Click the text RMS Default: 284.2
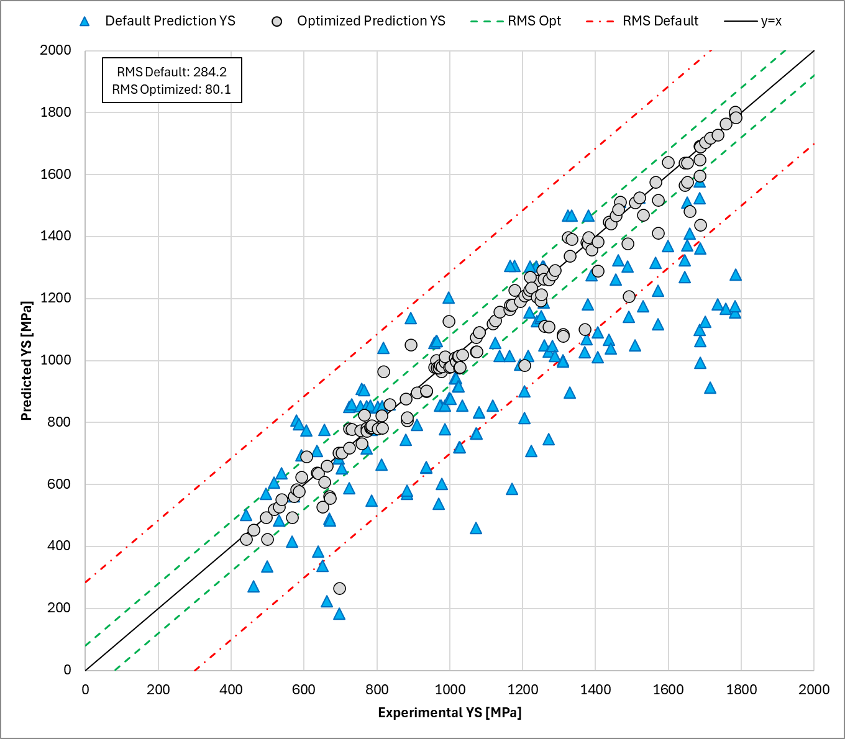tap(171, 72)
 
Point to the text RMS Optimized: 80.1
tap(171, 89)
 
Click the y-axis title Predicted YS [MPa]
tap(26, 361)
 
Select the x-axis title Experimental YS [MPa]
tap(449, 712)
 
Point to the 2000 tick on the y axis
tap(56, 50)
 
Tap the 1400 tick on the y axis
tap(56, 236)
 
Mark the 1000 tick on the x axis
tap(449, 689)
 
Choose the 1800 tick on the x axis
tap(741, 689)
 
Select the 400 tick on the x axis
tap(231, 689)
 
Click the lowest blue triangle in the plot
tap(339, 614)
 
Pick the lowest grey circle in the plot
tap(339, 588)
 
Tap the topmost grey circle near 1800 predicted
tap(735, 112)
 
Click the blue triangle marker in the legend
tap(85, 21)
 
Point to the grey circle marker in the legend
tap(277, 21)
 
